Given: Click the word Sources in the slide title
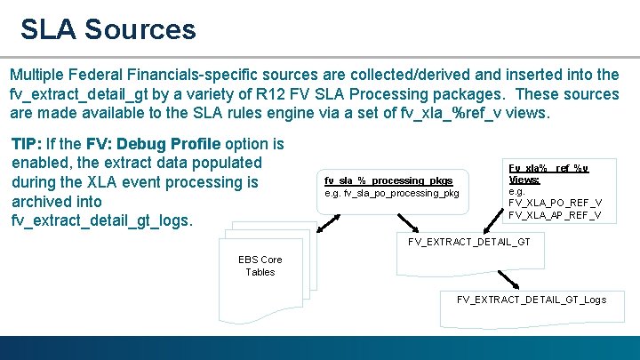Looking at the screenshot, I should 140,28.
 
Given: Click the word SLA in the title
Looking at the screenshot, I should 51,28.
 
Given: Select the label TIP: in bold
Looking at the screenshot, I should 28,143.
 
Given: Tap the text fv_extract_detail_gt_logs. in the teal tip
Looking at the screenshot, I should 102,221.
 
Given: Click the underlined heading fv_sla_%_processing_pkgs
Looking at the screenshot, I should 388,180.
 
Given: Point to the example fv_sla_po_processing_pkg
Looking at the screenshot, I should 391,193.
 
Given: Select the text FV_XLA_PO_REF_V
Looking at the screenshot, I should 555,203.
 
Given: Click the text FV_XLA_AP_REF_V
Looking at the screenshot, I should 555,215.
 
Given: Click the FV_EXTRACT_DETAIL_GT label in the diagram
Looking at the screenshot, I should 468,242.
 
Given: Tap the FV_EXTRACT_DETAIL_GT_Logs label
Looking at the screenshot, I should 532,299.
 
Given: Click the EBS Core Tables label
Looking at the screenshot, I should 260,266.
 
